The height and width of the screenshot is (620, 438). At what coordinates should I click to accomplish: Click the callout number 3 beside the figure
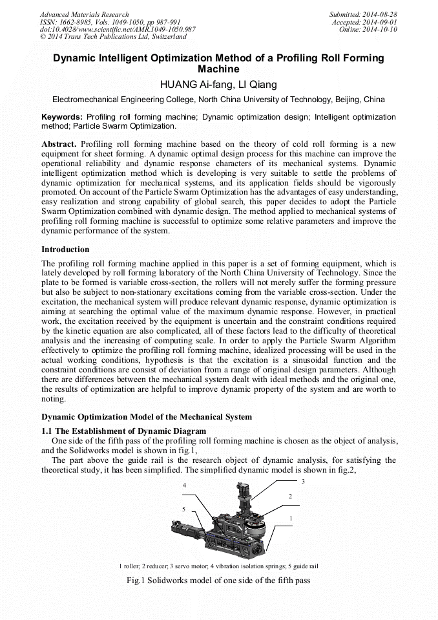tap(303, 482)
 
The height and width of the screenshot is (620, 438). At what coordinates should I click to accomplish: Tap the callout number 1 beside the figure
tap(291, 518)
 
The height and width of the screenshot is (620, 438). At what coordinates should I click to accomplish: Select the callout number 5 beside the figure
tap(184, 509)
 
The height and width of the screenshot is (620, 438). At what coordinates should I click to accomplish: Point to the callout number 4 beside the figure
tap(185, 485)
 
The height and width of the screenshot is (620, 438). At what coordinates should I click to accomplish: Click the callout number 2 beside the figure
tap(290, 496)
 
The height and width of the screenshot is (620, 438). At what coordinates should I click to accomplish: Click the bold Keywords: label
tap(62, 117)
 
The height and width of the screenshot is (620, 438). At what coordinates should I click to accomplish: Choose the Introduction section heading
tap(65, 250)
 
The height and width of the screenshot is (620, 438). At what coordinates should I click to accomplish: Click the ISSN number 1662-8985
tap(79, 22)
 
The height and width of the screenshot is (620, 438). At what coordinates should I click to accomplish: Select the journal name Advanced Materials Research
tap(84, 14)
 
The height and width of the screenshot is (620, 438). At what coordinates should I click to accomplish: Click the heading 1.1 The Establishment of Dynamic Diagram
tap(123, 431)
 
